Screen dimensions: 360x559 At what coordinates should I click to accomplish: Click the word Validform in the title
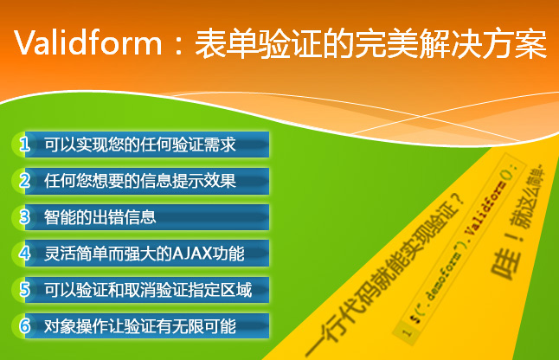87,44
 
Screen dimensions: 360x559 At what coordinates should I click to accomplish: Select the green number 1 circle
25,144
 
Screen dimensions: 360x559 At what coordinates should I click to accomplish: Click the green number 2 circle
25,180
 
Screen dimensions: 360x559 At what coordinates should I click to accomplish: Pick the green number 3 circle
25,216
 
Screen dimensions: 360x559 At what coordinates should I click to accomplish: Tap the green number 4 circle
25,254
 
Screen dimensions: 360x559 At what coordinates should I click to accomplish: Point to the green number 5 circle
25,289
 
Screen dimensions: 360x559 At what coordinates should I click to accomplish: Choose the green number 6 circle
25,325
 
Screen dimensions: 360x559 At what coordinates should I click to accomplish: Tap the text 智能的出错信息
100,216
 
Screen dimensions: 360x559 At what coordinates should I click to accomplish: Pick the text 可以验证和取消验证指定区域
148,289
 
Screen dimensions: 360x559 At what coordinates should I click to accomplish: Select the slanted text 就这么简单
537,195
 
